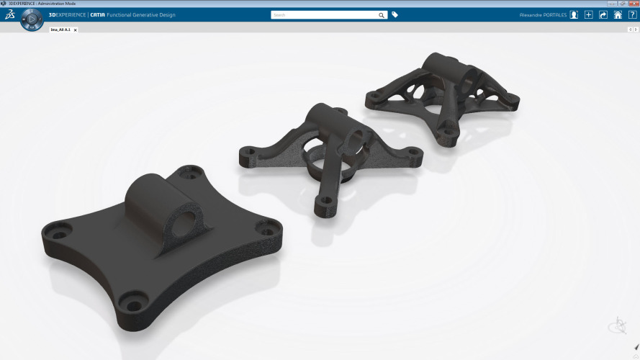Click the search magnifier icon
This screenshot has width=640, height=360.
coord(381,14)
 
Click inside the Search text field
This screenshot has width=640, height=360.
coord(324,14)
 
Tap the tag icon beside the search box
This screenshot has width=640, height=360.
coord(395,14)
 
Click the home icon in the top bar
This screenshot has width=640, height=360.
coord(618,14)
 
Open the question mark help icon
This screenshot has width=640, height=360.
coord(632,14)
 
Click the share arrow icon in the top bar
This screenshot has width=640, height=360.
coord(603,14)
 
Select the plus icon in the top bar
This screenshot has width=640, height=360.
coord(589,14)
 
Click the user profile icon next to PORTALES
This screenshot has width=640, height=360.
coord(574,14)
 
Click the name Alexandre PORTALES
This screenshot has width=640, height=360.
coord(543,14)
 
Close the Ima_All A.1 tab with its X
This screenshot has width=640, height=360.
coord(75,30)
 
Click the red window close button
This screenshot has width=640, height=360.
coord(633,4)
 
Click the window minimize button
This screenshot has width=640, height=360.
coord(612,4)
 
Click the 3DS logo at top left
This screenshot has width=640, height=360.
coord(10,14)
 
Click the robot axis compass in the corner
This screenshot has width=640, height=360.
coord(618,326)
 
